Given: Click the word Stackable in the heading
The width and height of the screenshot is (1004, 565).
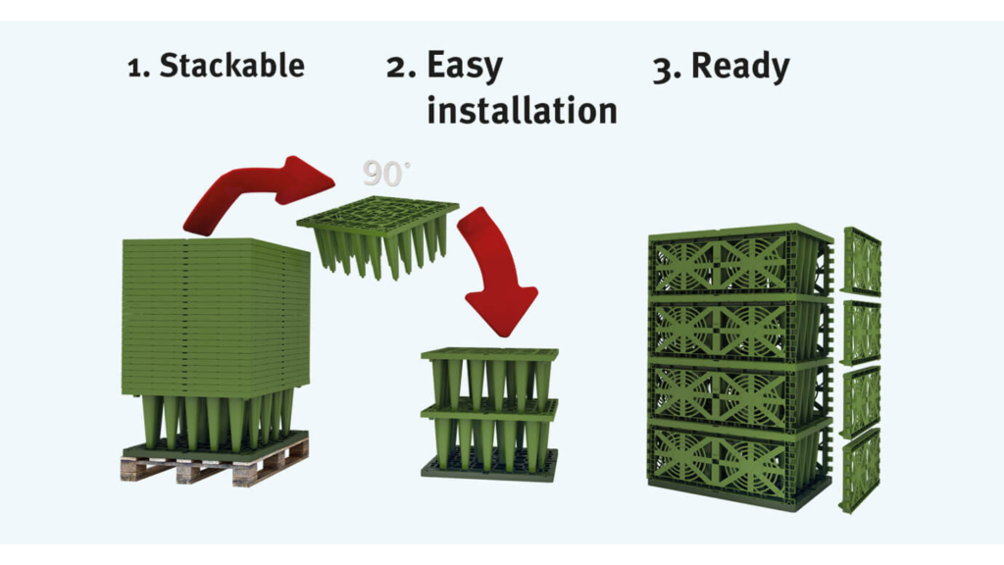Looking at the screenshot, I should (x=231, y=66).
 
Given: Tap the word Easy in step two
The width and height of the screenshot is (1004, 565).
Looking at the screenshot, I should (x=465, y=66).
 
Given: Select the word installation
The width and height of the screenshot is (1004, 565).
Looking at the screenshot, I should (x=522, y=110).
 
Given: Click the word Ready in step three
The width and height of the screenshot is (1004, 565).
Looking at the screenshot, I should (x=740, y=66).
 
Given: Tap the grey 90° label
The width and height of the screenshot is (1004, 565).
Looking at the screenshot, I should (x=385, y=174).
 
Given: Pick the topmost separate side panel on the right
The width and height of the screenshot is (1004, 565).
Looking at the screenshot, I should (x=862, y=261).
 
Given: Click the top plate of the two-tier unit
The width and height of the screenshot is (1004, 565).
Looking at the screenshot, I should (x=489, y=354).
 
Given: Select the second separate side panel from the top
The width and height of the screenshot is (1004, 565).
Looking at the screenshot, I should (x=861, y=332).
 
